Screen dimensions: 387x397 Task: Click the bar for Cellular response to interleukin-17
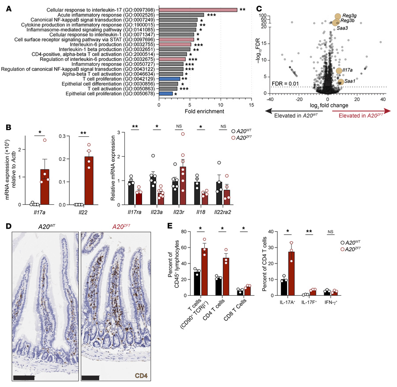pos(198,9)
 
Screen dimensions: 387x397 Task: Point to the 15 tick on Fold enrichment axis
pos(251,105)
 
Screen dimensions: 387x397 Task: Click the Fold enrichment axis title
pos(205,111)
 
